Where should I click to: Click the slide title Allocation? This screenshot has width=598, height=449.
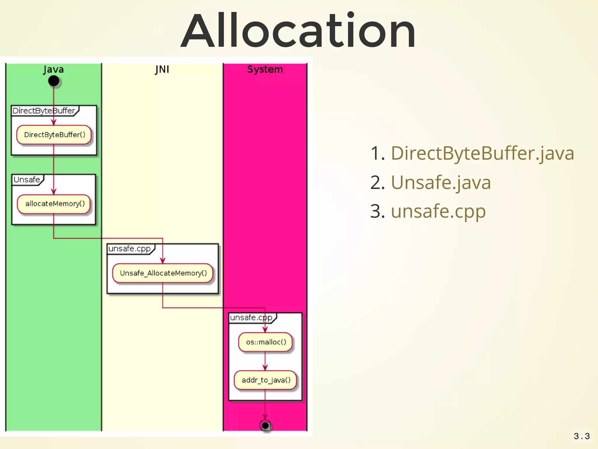(298, 31)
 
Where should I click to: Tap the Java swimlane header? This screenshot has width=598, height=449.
(53, 70)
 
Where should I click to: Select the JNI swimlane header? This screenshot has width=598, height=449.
(162, 70)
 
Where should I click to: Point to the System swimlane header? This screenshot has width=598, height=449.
(265, 70)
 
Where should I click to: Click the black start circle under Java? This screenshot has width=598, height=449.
(54, 81)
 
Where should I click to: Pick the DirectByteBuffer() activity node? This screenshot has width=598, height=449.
(54, 135)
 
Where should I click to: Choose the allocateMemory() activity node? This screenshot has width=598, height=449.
(54, 204)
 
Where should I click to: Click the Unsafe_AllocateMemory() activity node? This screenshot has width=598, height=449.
(163, 273)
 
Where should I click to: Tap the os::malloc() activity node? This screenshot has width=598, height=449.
(265, 342)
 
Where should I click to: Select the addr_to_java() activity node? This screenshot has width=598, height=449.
(265, 380)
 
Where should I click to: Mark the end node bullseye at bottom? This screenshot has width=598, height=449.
(265, 425)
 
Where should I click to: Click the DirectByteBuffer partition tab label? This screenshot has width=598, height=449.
(44, 111)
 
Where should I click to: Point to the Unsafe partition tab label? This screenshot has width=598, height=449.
(27, 179)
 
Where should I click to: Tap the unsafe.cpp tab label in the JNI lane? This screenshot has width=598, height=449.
(129, 249)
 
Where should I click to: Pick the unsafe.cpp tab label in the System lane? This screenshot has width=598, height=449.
(251, 318)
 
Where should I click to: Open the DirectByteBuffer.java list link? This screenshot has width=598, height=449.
(482, 153)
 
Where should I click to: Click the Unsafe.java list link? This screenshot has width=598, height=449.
(441, 182)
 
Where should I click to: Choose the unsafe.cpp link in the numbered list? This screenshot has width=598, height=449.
(438, 211)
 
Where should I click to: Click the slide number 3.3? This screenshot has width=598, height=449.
(581, 436)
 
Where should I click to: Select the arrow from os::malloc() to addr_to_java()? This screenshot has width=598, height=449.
(265, 361)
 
